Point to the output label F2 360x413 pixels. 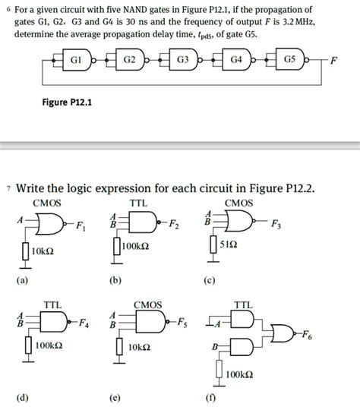pyautogui.click(x=176, y=225)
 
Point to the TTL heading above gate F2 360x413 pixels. pyautogui.click(x=139, y=203)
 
